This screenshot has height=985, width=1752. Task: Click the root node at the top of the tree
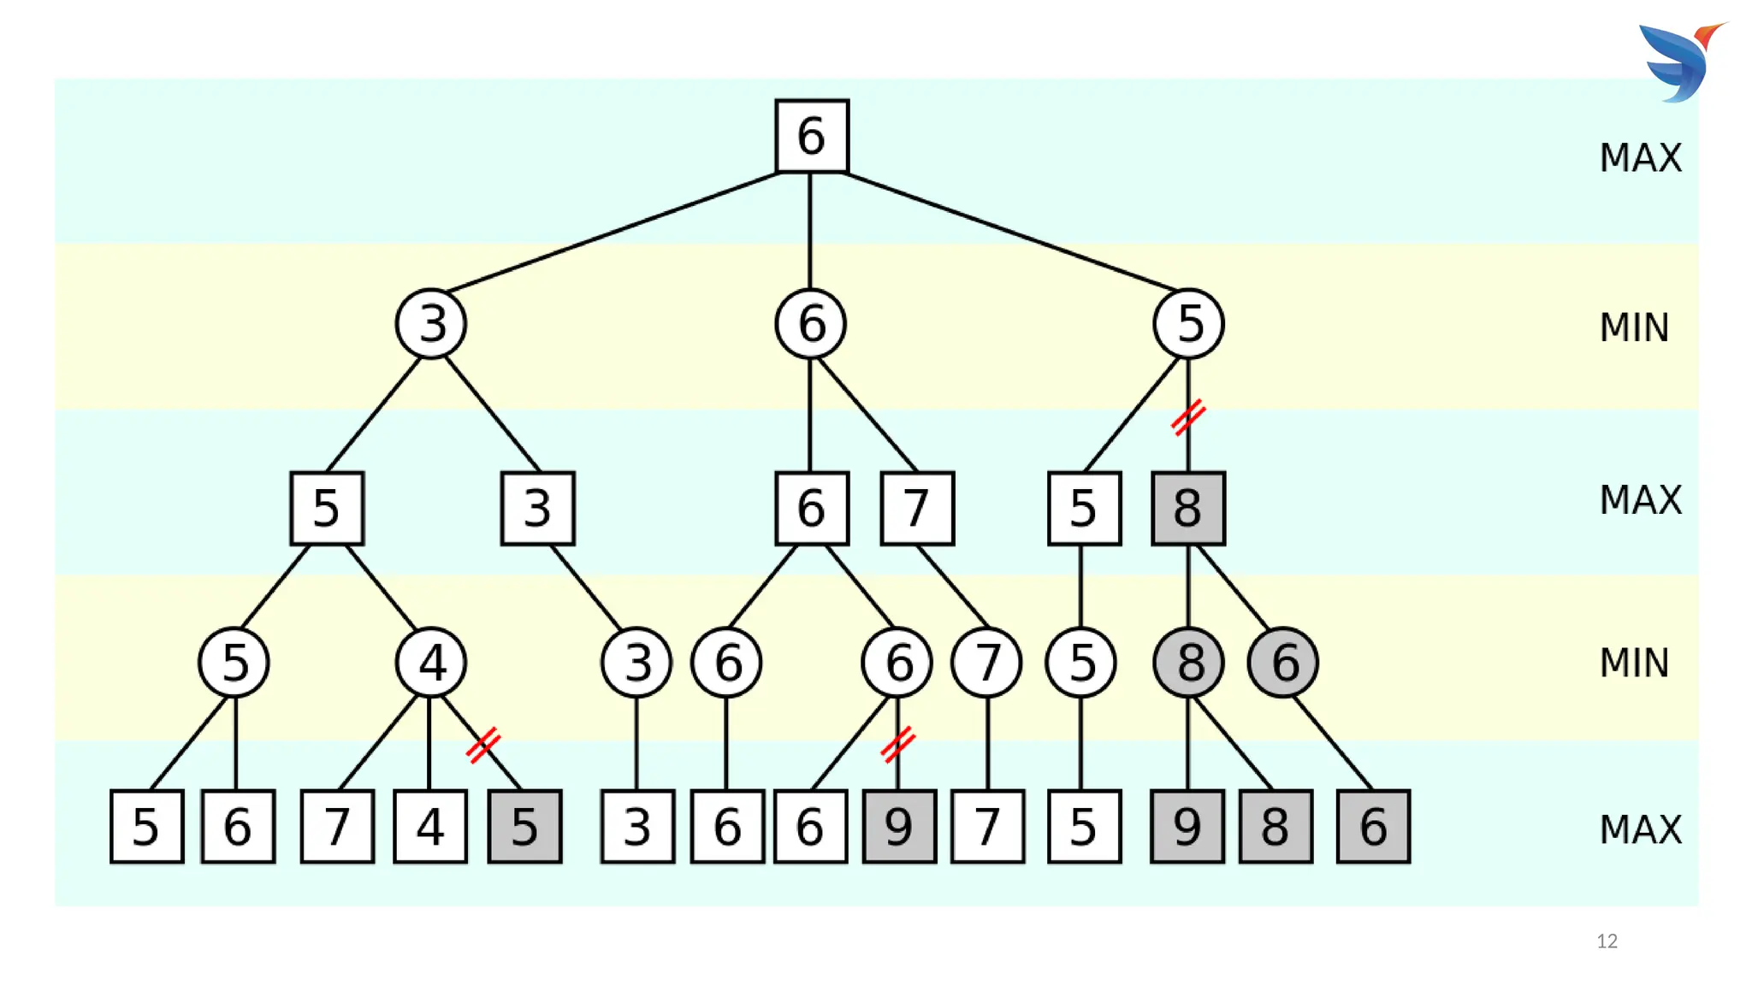point(811,136)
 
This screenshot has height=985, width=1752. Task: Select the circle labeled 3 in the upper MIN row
point(431,324)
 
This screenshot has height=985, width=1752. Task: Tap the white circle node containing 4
point(431,663)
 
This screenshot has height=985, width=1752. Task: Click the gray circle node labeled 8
point(1188,663)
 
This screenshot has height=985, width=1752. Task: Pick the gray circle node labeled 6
point(1283,663)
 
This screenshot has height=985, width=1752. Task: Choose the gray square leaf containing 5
point(524,826)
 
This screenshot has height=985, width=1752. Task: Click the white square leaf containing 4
point(430,826)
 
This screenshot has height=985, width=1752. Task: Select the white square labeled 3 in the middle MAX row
point(537,508)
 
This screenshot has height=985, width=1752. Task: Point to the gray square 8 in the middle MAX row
point(1188,508)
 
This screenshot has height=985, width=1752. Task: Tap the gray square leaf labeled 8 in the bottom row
point(1275,826)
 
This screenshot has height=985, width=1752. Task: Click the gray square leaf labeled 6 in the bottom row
point(1373,826)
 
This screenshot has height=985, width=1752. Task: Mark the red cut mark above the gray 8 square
point(1188,417)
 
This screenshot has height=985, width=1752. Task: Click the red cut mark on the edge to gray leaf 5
point(483,744)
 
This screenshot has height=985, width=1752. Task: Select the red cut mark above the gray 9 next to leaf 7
point(897,744)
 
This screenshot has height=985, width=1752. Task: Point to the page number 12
point(1607,941)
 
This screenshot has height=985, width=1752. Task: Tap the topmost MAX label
point(1640,158)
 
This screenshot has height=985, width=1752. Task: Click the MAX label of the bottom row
point(1640,829)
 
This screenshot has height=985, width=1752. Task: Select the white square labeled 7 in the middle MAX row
point(917,508)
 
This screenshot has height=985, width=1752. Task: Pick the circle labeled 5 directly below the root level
point(1188,324)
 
